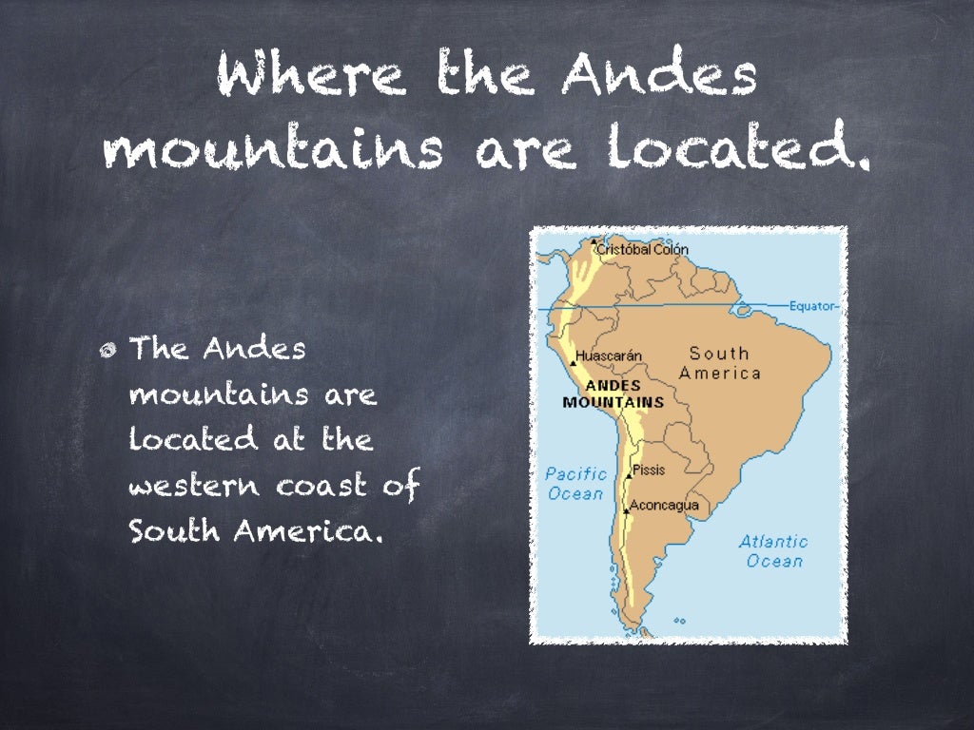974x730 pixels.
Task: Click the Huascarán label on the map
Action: coord(610,356)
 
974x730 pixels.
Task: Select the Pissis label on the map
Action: coord(649,470)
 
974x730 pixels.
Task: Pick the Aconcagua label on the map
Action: coord(665,505)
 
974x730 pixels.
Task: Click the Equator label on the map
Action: coord(812,306)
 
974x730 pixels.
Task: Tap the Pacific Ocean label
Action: coord(576,484)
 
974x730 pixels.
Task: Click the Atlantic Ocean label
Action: coord(773,550)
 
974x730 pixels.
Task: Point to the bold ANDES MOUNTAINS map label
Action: coord(613,394)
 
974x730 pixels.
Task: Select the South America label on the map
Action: coord(720,363)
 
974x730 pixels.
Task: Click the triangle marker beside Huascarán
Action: coord(573,362)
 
